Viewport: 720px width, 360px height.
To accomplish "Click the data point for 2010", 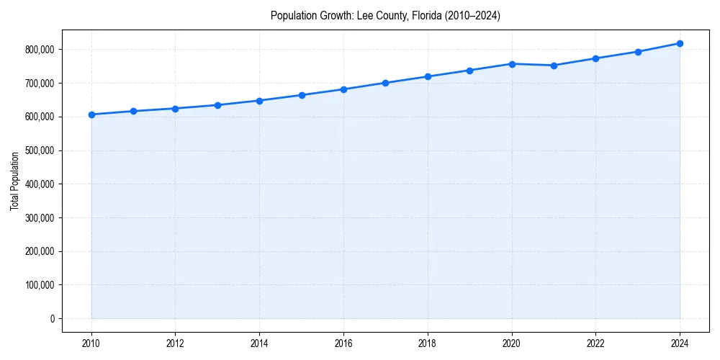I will [x=91, y=114].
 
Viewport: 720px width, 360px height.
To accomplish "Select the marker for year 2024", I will [x=680, y=43].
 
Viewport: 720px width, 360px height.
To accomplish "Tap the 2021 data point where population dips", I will [x=554, y=66].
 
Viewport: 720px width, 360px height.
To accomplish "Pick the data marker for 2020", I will [x=512, y=64].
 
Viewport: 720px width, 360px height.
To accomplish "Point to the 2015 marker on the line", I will [x=302, y=95].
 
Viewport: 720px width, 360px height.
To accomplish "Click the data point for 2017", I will [x=386, y=83].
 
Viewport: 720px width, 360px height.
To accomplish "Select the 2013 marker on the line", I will [x=217, y=105].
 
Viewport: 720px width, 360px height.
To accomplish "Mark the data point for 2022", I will [x=595, y=58].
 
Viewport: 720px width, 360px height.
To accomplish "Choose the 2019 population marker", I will [x=469, y=71].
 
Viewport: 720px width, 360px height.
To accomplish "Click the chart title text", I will [x=385, y=15].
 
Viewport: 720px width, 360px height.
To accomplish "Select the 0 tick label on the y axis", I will [x=52, y=319].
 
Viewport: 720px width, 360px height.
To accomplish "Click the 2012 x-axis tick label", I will [x=176, y=343].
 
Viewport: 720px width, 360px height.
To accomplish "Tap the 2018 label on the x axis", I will [x=428, y=343].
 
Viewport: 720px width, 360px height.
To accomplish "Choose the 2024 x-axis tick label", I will [x=680, y=343].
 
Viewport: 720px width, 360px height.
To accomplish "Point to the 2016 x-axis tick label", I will [x=343, y=343].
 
